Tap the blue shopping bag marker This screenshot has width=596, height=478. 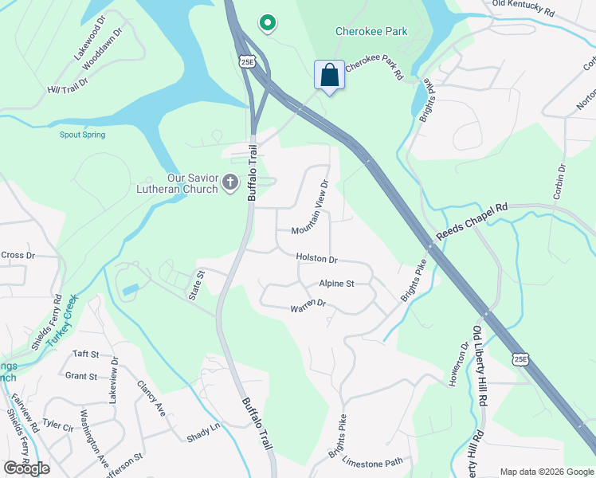tap(329, 76)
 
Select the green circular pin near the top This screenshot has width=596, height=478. tap(268, 25)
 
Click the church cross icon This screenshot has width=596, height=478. tap(229, 183)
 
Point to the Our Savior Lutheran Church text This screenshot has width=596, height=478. tap(192, 183)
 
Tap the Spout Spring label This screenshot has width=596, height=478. tap(82, 135)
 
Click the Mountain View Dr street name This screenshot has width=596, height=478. tap(311, 206)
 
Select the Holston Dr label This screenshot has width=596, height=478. tap(316, 259)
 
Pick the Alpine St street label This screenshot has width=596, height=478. tap(336, 283)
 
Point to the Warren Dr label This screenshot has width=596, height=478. tap(308, 304)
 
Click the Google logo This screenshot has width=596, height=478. tap(26, 468)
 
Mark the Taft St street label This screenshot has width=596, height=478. tap(85, 354)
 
